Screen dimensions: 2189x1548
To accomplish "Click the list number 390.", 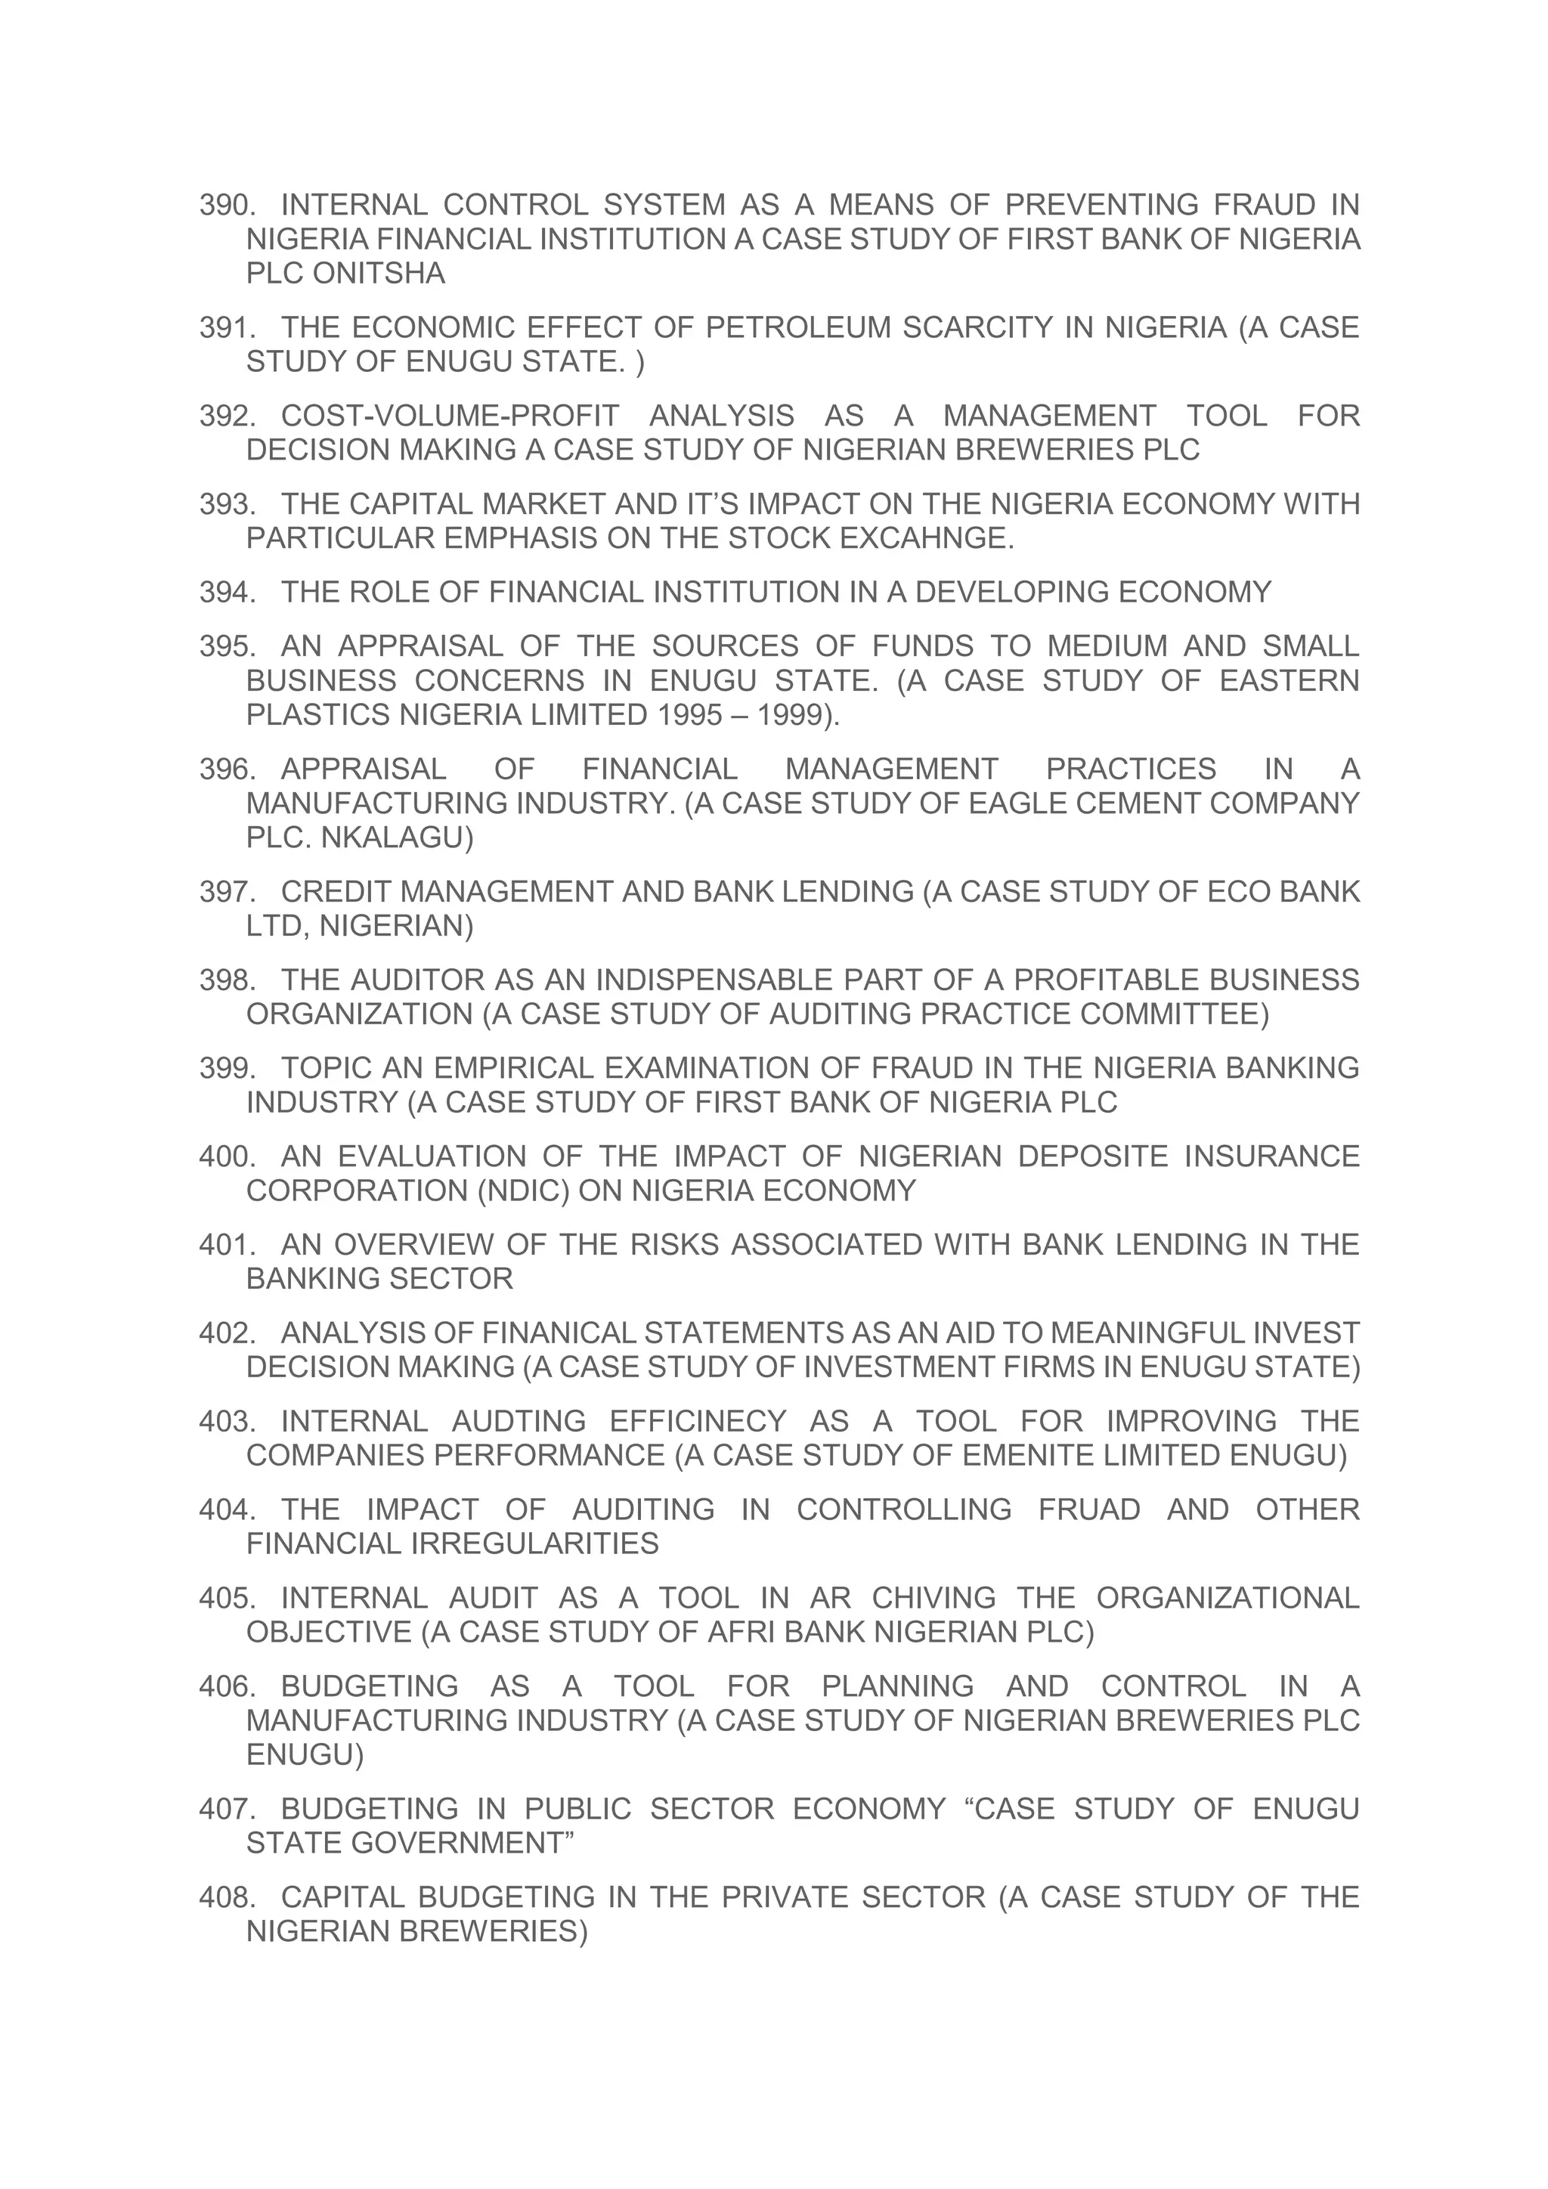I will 227,205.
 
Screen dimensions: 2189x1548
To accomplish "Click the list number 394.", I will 227,592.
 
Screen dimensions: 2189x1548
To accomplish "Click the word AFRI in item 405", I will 738,1632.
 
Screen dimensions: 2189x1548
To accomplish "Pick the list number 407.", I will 227,1809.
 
